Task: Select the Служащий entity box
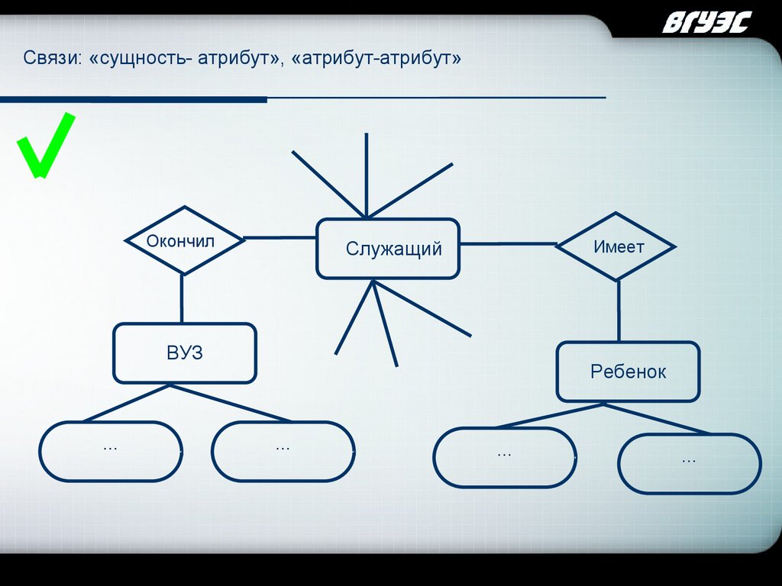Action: tap(388, 249)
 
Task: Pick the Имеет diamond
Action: tap(616, 246)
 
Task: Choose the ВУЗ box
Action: tap(185, 353)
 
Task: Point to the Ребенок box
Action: tap(628, 372)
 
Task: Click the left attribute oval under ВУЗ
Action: tap(111, 451)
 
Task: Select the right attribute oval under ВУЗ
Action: tap(283, 451)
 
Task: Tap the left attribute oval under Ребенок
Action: tap(504, 457)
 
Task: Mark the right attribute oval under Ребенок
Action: tap(689, 464)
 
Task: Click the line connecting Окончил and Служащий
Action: tap(280, 237)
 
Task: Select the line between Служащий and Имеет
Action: tap(508, 244)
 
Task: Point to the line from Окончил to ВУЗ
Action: tap(182, 299)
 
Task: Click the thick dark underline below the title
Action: tap(134, 100)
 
